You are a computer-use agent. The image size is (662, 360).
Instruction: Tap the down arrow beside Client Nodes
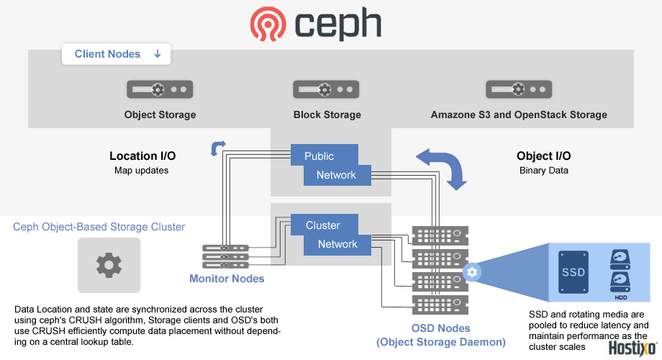click(x=158, y=54)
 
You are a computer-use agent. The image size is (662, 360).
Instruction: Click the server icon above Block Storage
click(x=326, y=89)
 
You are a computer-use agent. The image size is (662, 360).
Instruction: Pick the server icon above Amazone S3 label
click(x=519, y=89)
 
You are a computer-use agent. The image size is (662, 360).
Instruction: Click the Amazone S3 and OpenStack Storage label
click(x=519, y=114)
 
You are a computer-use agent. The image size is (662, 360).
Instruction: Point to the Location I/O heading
click(x=142, y=156)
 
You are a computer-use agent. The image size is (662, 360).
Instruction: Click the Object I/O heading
click(x=543, y=156)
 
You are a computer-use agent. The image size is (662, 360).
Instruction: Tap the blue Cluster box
click(x=323, y=225)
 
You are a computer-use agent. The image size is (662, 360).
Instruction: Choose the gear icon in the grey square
click(x=109, y=265)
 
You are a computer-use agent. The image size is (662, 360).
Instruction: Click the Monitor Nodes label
click(x=227, y=279)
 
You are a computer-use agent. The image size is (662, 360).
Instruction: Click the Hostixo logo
click(x=633, y=348)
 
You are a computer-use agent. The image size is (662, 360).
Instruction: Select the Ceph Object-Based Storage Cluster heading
click(x=99, y=227)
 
